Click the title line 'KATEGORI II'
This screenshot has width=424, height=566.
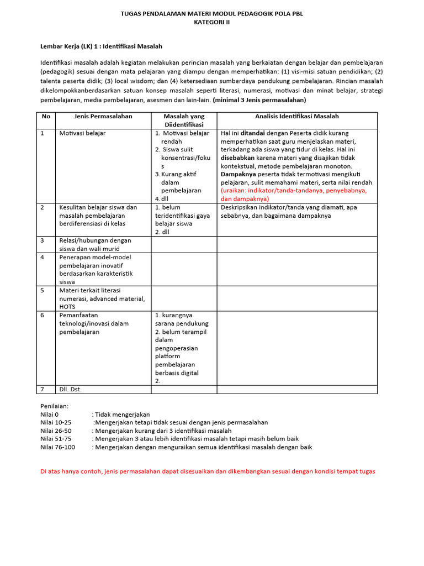pyautogui.click(x=212, y=22)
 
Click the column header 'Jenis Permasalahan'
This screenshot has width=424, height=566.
pyautogui.click(x=103, y=116)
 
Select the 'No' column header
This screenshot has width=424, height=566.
pyautogui.click(x=46, y=116)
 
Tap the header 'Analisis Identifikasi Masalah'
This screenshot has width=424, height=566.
pyautogui.click(x=297, y=116)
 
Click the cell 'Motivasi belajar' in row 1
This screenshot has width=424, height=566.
pyautogui.click(x=82, y=133)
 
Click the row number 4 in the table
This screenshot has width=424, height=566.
pyautogui.click(x=43, y=257)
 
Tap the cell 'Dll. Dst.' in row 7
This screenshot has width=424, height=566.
pyautogui.click(x=70, y=389)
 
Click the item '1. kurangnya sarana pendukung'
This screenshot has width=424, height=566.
pyautogui.click(x=181, y=319)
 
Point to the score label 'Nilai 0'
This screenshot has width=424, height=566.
pyautogui.click(x=49, y=414)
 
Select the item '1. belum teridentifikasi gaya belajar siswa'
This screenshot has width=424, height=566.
pyautogui.click(x=182, y=216)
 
